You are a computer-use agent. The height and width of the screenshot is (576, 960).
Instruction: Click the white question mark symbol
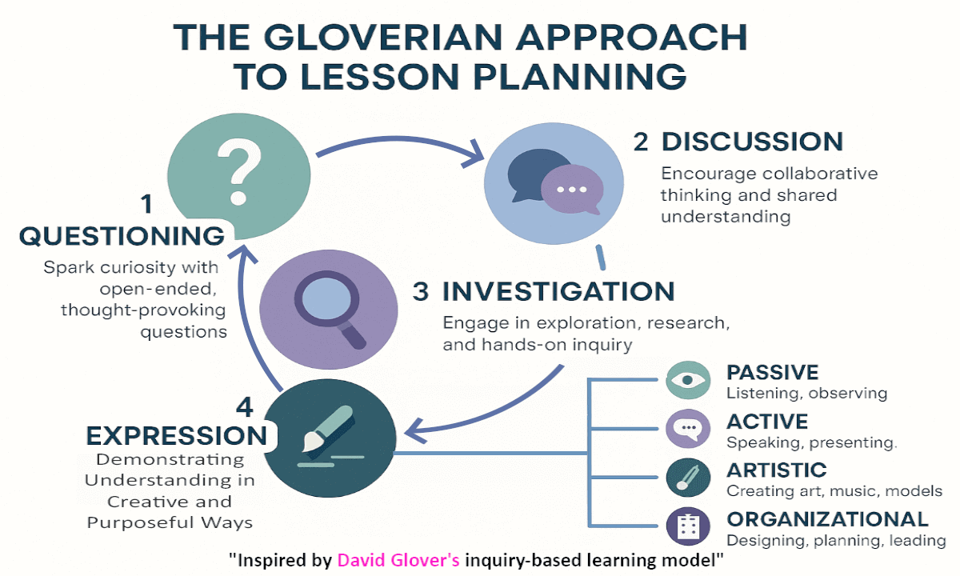pos(239,171)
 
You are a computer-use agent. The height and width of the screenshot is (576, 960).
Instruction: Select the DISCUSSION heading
pos(752,142)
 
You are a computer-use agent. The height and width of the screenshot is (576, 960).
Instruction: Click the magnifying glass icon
pos(330,310)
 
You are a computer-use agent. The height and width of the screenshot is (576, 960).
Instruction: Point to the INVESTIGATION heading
pos(558,291)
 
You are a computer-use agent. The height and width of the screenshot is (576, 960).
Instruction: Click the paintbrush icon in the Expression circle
pos(329,429)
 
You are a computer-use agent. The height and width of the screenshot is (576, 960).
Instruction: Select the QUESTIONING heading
pos(122,236)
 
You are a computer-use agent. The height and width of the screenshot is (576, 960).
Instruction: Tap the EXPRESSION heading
pos(177,436)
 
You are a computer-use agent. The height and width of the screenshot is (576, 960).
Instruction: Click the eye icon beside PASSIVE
pos(688,380)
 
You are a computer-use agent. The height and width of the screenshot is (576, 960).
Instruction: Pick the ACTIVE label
pos(767,422)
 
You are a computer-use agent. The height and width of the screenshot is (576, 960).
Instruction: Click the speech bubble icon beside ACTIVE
pos(688,429)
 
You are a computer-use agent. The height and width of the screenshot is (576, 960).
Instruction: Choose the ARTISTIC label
pos(777,470)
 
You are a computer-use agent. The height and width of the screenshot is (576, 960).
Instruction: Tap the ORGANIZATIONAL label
pos(827,519)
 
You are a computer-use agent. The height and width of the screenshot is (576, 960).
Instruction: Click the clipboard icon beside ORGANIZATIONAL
pos(688,526)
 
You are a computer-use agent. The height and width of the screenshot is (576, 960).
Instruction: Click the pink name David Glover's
pos(398,560)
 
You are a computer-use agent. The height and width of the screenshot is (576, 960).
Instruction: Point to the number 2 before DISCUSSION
pos(641,142)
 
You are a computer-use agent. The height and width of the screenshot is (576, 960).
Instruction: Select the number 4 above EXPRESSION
pos(245,406)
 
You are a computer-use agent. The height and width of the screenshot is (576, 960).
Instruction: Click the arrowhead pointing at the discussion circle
pos(475,155)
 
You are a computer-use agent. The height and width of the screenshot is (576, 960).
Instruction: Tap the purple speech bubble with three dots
pos(572,190)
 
